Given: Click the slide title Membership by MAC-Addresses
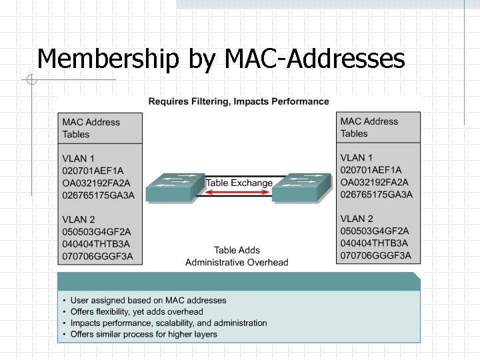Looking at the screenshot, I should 221,59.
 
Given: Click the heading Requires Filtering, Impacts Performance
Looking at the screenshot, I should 238,101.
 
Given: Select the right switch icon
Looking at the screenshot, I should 301,188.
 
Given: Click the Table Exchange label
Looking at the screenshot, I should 239,183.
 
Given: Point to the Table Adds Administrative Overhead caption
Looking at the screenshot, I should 237,256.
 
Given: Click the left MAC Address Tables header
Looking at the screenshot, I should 91,128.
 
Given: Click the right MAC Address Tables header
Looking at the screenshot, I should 369,127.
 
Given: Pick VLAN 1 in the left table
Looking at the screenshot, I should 79,158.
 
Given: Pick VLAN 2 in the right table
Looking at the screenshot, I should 357,219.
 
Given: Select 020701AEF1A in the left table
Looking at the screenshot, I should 93,171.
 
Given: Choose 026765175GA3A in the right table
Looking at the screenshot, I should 377,195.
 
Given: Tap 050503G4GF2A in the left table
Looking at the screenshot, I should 97,231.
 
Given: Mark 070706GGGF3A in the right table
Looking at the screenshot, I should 376,255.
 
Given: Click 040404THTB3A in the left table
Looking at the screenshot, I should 97,244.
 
